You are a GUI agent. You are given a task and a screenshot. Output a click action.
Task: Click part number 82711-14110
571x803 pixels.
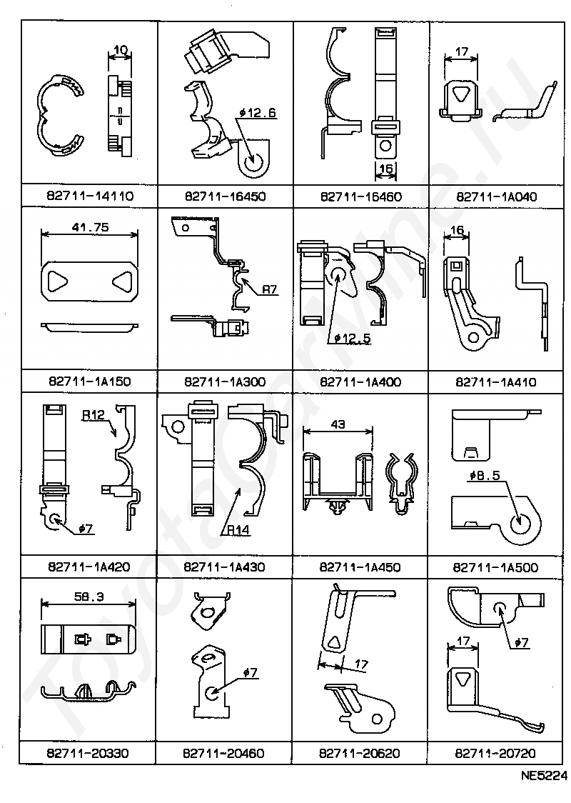(89, 196)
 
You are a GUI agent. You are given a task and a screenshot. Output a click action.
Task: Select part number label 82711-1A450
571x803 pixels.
(360, 567)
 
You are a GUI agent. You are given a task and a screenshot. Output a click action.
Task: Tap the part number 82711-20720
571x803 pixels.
(495, 753)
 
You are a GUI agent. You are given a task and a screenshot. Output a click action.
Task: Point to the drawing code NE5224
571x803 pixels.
(544, 775)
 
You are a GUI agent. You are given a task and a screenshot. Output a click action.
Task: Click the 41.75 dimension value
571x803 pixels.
(90, 227)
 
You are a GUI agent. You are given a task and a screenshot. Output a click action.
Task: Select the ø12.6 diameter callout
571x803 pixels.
(258, 112)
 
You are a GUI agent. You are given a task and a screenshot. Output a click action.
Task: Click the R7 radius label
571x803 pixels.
(270, 290)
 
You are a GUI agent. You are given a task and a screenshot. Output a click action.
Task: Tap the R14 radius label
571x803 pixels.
(238, 530)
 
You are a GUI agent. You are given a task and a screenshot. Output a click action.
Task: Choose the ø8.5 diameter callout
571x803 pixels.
(485, 476)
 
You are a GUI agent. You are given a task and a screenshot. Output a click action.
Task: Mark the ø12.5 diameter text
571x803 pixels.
(353, 338)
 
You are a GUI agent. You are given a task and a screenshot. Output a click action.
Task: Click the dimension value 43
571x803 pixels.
(338, 424)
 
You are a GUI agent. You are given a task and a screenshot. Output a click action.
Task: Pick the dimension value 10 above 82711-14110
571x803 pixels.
(120, 50)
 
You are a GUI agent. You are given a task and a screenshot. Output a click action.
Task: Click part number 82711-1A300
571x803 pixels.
(225, 381)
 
